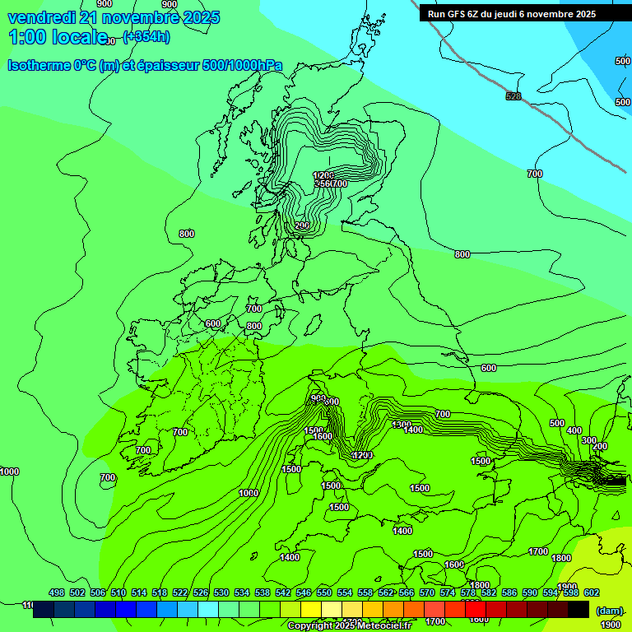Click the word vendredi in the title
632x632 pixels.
click(41, 17)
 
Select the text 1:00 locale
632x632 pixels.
click(58, 37)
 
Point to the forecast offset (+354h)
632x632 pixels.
click(146, 36)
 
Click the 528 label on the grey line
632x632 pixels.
click(513, 97)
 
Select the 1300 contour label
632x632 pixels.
click(402, 425)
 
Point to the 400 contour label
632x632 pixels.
click(574, 430)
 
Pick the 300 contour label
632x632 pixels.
click(588, 440)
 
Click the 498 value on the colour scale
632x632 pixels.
click(56, 592)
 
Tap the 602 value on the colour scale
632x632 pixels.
click(592, 592)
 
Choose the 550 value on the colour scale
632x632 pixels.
click(324, 592)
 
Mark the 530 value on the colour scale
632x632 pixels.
click(221, 592)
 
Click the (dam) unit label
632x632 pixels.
click(609, 610)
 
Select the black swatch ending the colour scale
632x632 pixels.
click(579, 609)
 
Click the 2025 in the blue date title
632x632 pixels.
click(200, 17)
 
